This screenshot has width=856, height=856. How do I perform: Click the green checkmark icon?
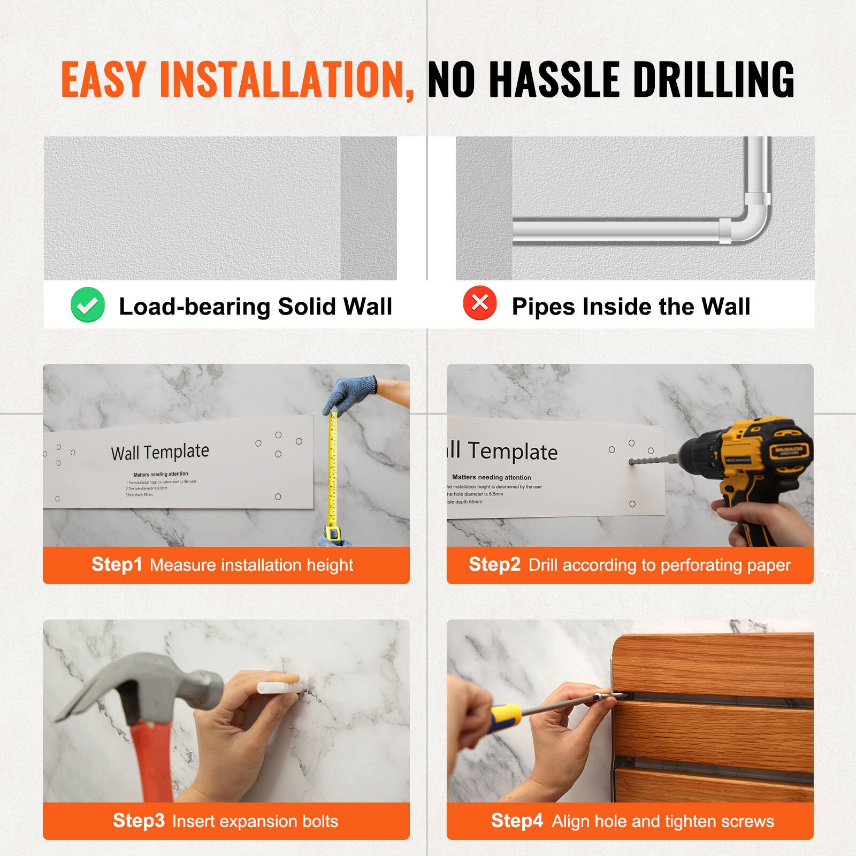click(87, 304)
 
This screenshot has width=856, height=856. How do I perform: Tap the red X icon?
click(480, 303)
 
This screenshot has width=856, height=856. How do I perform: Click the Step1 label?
click(117, 564)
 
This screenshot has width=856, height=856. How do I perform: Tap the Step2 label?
click(494, 564)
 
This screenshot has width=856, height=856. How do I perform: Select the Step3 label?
click(139, 820)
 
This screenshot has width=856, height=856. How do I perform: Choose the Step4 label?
click(517, 820)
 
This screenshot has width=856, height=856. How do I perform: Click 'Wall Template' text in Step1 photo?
click(160, 452)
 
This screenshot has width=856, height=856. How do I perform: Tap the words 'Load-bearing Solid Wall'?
click(255, 307)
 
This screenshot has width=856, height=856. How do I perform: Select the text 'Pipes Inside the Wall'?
click(631, 307)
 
